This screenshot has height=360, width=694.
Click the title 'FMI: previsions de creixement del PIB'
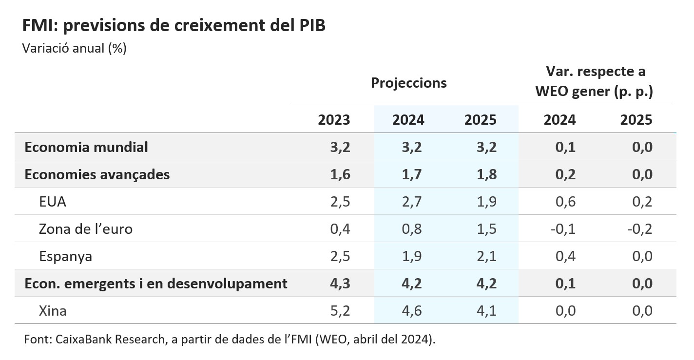click(173, 26)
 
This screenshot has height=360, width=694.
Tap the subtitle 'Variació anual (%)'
click(75, 49)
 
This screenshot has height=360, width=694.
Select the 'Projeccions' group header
click(408, 83)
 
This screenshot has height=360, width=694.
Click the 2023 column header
click(334, 120)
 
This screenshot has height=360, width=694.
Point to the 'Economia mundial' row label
click(86, 147)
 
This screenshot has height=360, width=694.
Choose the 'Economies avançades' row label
click(97, 174)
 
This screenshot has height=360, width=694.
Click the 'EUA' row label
click(53, 202)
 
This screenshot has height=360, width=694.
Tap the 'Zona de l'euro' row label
click(85, 229)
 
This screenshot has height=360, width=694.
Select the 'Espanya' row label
click(65, 256)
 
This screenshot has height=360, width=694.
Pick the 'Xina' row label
click(53, 311)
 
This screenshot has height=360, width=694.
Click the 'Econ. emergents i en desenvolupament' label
click(155, 284)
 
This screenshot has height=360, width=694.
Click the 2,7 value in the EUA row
click(408, 202)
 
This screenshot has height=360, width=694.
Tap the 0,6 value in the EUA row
click(565, 202)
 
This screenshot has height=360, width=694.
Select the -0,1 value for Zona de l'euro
click(563, 229)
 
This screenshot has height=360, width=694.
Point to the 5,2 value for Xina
click(340, 311)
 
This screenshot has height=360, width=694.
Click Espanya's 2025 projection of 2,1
click(486, 256)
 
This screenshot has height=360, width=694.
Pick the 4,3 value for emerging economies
click(340, 284)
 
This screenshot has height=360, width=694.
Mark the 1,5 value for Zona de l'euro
click(486, 229)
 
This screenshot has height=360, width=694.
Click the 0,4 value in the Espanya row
click(565, 256)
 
